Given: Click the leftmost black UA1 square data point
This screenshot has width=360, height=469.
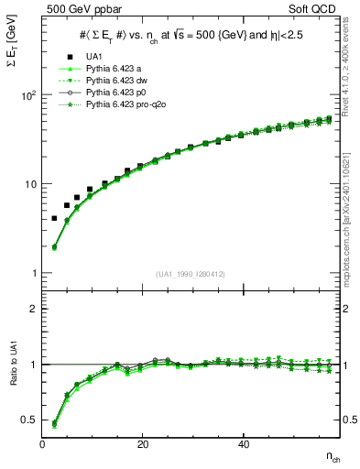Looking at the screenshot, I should pyautogui.click(x=54, y=218).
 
